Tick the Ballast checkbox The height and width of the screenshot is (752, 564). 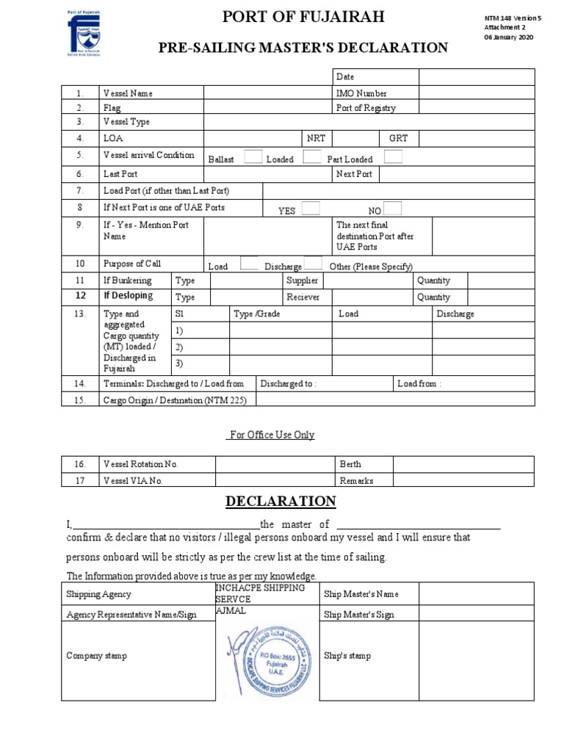coord(252,156)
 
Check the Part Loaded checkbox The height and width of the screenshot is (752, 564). coord(393,156)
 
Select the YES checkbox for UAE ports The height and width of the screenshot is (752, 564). coord(311,208)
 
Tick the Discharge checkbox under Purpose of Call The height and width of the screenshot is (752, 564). coord(313,264)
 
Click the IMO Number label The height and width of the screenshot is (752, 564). coord(361,93)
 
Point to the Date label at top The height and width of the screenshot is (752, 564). coord(345,76)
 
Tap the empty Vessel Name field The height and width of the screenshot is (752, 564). coord(267,93)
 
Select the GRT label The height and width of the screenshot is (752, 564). coord(398,138)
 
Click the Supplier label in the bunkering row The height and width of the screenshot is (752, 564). coord(302,281)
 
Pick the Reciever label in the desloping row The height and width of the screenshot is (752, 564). coord(303,297)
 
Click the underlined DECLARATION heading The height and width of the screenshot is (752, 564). coord(281,502)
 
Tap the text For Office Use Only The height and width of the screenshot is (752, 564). coord(272,435)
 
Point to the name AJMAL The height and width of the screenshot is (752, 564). coord(231,610)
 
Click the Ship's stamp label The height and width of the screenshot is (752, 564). coord(347,656)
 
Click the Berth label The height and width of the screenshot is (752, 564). coord(350,464)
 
